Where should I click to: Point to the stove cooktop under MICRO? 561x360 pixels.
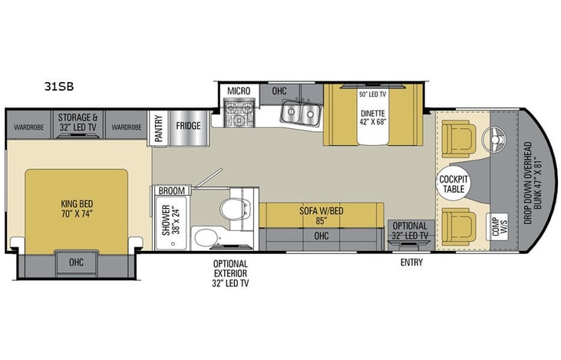coord(238,115)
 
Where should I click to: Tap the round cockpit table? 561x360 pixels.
coord(454,183)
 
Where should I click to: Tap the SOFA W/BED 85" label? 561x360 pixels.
coord(322,215)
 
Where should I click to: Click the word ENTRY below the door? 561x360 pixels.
coord(411,263)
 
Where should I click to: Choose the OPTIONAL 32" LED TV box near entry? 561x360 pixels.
coord(411,230)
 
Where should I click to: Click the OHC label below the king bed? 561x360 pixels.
coord(76,261)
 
